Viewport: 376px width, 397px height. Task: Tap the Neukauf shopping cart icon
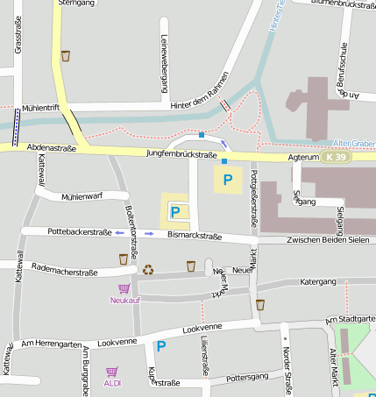124,288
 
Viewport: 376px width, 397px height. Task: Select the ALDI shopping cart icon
112,372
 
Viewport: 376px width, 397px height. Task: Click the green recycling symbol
148,270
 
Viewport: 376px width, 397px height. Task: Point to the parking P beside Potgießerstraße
228,180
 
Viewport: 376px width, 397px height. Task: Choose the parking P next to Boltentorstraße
174,211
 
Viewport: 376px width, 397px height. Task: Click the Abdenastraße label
52,149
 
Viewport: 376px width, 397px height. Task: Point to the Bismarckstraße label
194,236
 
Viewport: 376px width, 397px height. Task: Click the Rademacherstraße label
64,272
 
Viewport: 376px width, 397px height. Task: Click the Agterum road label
302,158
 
